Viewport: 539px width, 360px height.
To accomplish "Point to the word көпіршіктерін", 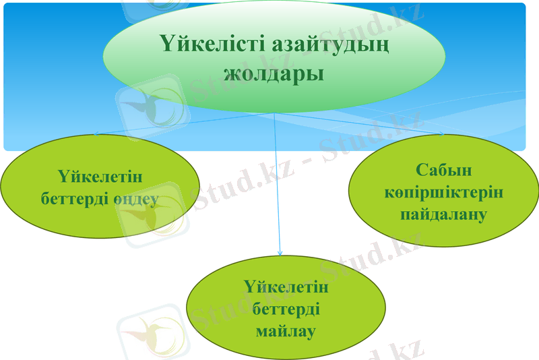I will click(444, 192).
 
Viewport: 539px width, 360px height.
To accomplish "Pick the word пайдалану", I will click(444, 216).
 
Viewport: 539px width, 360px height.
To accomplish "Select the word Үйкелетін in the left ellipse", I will click(100, 177).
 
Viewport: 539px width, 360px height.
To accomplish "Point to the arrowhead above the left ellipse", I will click(96, 134).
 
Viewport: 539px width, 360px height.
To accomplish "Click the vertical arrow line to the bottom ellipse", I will click(278, 189).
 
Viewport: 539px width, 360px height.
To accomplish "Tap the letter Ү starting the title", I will click(168, 44).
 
